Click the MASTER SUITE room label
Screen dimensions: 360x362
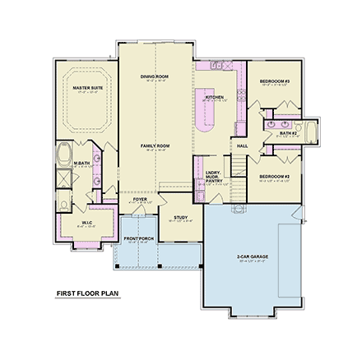click(87, 86)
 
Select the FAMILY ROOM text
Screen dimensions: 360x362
click(154, 145)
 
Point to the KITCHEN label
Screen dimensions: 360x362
click(214, 97)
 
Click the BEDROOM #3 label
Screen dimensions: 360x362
click(274, 81)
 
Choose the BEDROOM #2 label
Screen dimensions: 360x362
click(274, 176)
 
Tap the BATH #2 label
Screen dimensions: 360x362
click(287, 132)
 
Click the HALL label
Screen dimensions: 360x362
click(242, 145)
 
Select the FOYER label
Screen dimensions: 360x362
click(140, 199)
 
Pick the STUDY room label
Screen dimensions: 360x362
click(180, 217)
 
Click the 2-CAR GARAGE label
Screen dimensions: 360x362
click(253, 256)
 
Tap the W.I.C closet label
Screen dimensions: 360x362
click(86, 222)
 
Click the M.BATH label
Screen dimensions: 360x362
click(81, 163)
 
